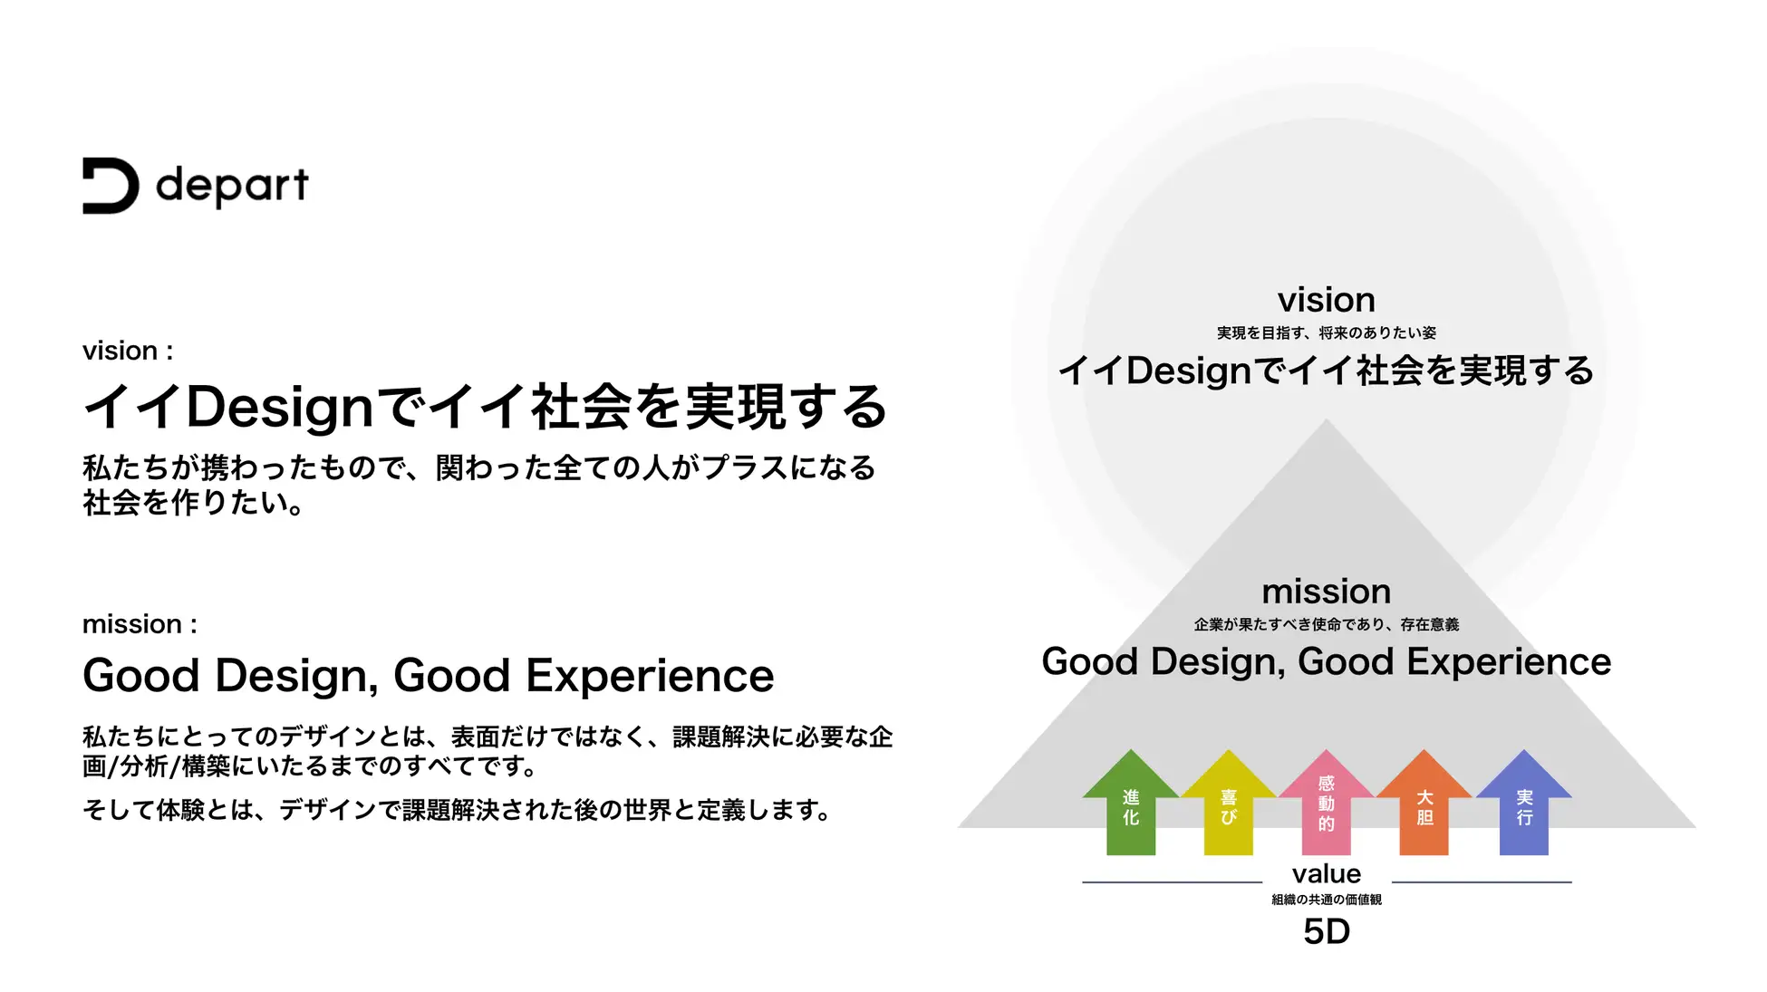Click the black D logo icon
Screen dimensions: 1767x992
111,186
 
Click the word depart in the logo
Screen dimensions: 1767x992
232,186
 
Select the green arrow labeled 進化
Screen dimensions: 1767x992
1131,802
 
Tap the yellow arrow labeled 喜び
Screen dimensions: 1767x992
1229,802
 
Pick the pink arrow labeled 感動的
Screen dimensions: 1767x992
1327,802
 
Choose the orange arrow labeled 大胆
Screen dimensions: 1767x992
1424,802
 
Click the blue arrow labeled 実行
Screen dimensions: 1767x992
1524,802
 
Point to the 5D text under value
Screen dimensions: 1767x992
1327,931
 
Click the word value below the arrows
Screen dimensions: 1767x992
1327,873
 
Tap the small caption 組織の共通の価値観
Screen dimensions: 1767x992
1327,900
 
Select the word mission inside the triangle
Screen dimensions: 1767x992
1327,592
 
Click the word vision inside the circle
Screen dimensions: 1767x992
1327,300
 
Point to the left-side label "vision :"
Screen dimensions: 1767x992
128,351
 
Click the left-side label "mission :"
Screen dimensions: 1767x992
140,624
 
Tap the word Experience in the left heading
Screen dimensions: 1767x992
650,677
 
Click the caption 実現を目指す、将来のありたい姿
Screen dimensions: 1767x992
1327,333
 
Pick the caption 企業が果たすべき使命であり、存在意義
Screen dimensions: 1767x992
1327,624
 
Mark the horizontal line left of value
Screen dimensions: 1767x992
1172,881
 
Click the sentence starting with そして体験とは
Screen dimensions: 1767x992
458,810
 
